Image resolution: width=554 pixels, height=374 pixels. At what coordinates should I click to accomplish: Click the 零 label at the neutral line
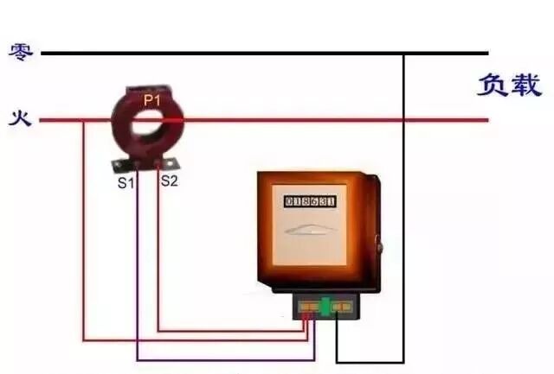tap(21, 52)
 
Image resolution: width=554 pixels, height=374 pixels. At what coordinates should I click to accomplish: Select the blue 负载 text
tap(509, 86)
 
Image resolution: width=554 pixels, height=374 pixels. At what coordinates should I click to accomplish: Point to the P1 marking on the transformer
tap(152, 101)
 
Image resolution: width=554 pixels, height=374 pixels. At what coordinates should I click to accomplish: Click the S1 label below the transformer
tap(126, 182)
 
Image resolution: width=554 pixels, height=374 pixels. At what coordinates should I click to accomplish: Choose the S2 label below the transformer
tap(169, 182)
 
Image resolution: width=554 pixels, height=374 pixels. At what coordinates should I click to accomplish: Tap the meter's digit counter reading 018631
tap(310, 201)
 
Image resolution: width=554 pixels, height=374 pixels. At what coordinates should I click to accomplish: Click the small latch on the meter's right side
tap(378, 249)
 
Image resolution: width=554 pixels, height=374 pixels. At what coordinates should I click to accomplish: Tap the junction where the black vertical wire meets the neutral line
tap(403, 54)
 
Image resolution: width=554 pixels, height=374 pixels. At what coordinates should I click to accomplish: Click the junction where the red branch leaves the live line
tap(84, 120)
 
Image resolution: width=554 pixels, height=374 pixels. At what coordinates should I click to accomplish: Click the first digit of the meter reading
tap(289, 201)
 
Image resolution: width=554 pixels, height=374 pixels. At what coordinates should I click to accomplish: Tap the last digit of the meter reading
tap(331, 201)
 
